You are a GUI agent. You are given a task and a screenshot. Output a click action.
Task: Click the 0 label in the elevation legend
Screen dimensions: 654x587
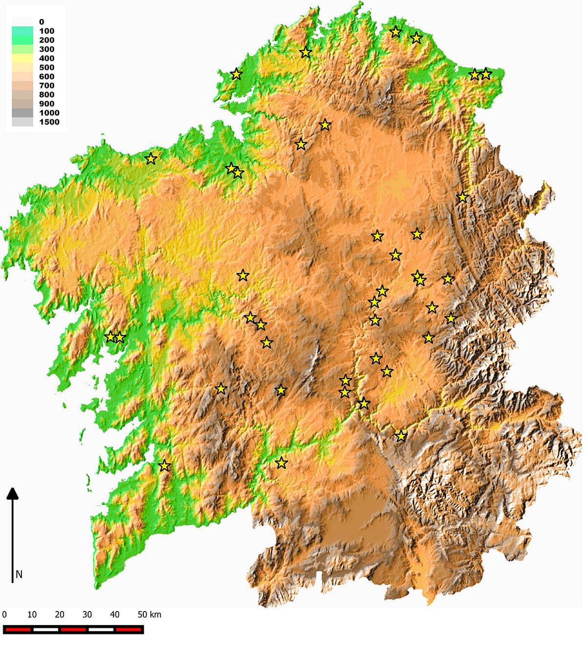pyautogui.click(x=42, y=22)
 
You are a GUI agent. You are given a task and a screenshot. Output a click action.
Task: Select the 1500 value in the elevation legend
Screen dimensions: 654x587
pyautogui.click(x=49, y=122)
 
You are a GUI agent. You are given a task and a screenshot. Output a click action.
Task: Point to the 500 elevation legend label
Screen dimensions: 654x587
pyautogui.click(x=47, y=68)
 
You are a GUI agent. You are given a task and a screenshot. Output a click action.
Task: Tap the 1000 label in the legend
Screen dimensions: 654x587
pyautogui.click(x=49, y=113)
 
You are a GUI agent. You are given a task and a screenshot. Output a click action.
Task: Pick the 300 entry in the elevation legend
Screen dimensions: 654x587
pyautogui.click(x=47, y=49)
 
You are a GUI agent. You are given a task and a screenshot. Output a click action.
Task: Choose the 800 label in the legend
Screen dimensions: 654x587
pyautogui.click(x=47, y=94)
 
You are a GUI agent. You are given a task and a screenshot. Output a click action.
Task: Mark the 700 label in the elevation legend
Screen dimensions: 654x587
pyautogui.click(x=47, y=86)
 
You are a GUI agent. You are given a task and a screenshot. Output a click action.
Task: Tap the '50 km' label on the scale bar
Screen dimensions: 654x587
pyautogui.click(x=149, y=614)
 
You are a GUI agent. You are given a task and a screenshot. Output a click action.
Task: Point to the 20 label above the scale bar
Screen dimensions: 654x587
pyautogui.click(x=60, y=614)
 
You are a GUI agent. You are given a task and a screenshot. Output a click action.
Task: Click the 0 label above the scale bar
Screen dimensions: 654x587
pyautogui.click(x=4, y=614)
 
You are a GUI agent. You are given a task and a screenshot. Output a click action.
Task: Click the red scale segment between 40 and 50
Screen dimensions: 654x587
pyautogui.click(x=129, y=630)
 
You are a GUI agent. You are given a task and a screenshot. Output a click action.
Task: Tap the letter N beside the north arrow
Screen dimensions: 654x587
pyautogui.click(x=19, y=574)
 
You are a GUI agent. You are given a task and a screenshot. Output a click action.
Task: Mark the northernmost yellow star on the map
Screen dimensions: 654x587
pyautogui.click(x=396, y=32)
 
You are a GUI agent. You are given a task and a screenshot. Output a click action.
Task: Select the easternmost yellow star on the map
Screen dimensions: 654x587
pyautogui.click(x=486, y=74)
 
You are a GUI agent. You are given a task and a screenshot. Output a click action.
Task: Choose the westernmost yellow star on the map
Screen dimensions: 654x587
pyautogui.click(x=110, y=337)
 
